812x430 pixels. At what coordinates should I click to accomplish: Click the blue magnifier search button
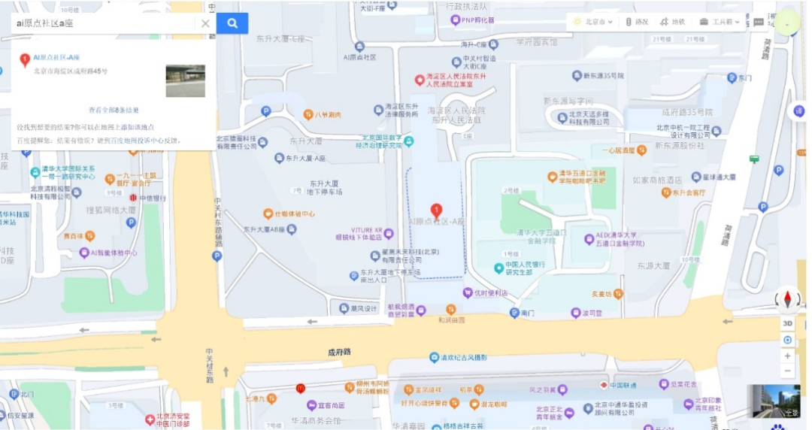click(232, 23)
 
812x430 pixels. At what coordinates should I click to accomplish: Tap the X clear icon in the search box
click(205, 23)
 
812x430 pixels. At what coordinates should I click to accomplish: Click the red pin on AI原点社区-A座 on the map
click(436, 211)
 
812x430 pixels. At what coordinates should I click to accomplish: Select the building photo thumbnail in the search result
click(185, 80)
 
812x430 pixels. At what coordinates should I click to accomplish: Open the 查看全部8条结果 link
click(114, 110)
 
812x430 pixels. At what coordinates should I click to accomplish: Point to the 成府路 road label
click(339, 351)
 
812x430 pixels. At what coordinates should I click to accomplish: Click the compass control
click(787, 300)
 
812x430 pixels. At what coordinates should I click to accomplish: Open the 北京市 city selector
click(593, 22)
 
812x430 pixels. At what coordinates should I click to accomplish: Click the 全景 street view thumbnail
click(773, 402)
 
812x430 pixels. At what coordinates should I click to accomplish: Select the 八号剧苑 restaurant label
click(328, 115)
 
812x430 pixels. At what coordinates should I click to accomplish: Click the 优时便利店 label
click(481, 292)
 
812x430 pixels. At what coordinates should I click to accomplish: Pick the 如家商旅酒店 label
click(656, 180)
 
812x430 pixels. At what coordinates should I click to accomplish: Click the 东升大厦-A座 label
click(305, 159)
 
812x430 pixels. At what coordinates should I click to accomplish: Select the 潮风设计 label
click(362, 308)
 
